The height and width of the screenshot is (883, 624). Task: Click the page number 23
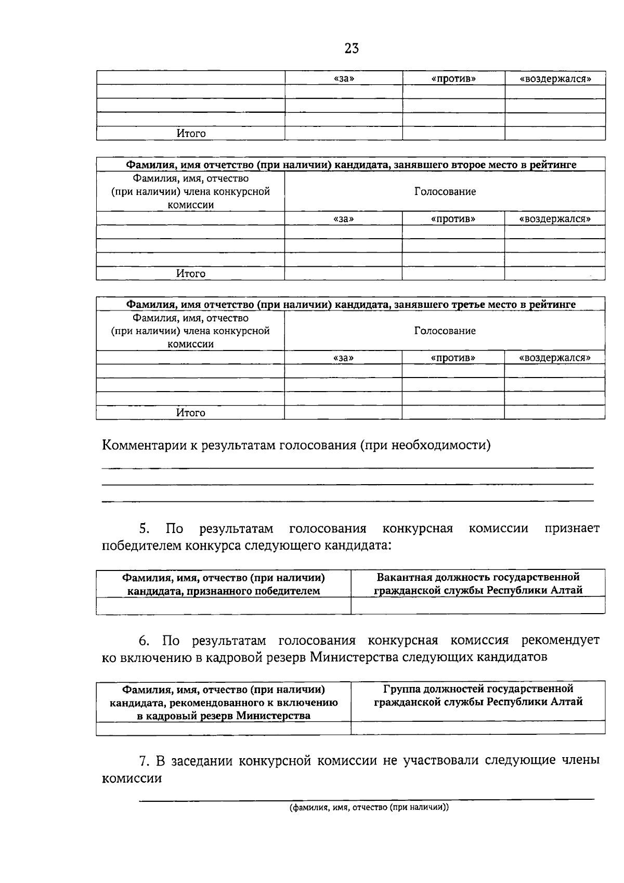click(x=352, y=48)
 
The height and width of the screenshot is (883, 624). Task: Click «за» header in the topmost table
click(x=343, y=79)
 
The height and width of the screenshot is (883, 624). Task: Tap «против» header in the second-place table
click(x=453, y=219)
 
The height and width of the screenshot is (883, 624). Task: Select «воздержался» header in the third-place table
click(x=555, y=358)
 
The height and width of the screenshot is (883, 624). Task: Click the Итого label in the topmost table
click(x=191, y=134)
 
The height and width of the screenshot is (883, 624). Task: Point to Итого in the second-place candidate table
click(x=191, y=274)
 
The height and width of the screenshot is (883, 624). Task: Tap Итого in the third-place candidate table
click(x=191, y=413)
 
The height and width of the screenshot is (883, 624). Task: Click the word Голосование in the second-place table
click(x=445, y=191)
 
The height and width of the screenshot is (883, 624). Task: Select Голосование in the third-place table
click(x=445, y=331)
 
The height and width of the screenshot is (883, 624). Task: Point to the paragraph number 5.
click(x=144, y=529)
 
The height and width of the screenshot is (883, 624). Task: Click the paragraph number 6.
click(x=144, y=640)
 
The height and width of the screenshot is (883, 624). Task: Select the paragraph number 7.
click(x=144, y=761)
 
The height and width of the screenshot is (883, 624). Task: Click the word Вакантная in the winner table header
click(x=404, y=577)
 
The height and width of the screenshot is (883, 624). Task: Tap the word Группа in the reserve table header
click(x=401, y=689)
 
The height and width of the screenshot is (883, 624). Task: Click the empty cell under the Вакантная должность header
click(x=477, y=605)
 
